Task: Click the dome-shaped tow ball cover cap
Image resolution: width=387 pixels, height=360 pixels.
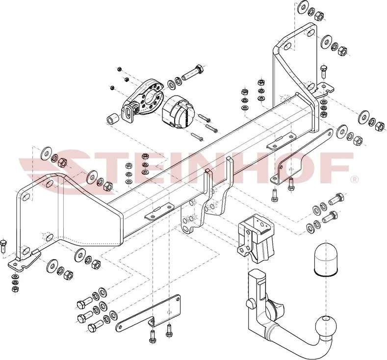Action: coord(323,257)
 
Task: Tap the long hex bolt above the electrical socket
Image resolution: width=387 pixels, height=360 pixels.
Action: coord(192,74)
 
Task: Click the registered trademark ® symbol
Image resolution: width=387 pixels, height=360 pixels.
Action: coord(353,180)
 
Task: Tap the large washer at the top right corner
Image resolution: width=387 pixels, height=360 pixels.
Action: coord(300,8)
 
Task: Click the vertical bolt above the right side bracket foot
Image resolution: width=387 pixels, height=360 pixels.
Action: coord(323,70)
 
